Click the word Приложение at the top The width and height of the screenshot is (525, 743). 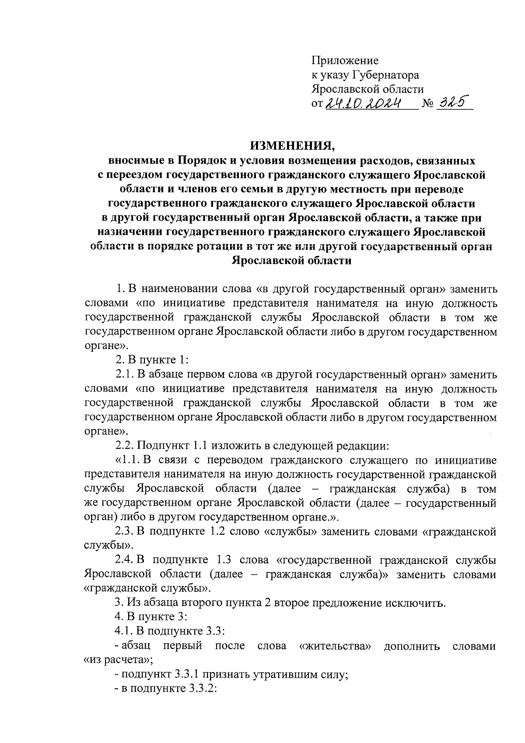(345, 60)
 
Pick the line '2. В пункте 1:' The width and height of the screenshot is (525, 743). (152, 360)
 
